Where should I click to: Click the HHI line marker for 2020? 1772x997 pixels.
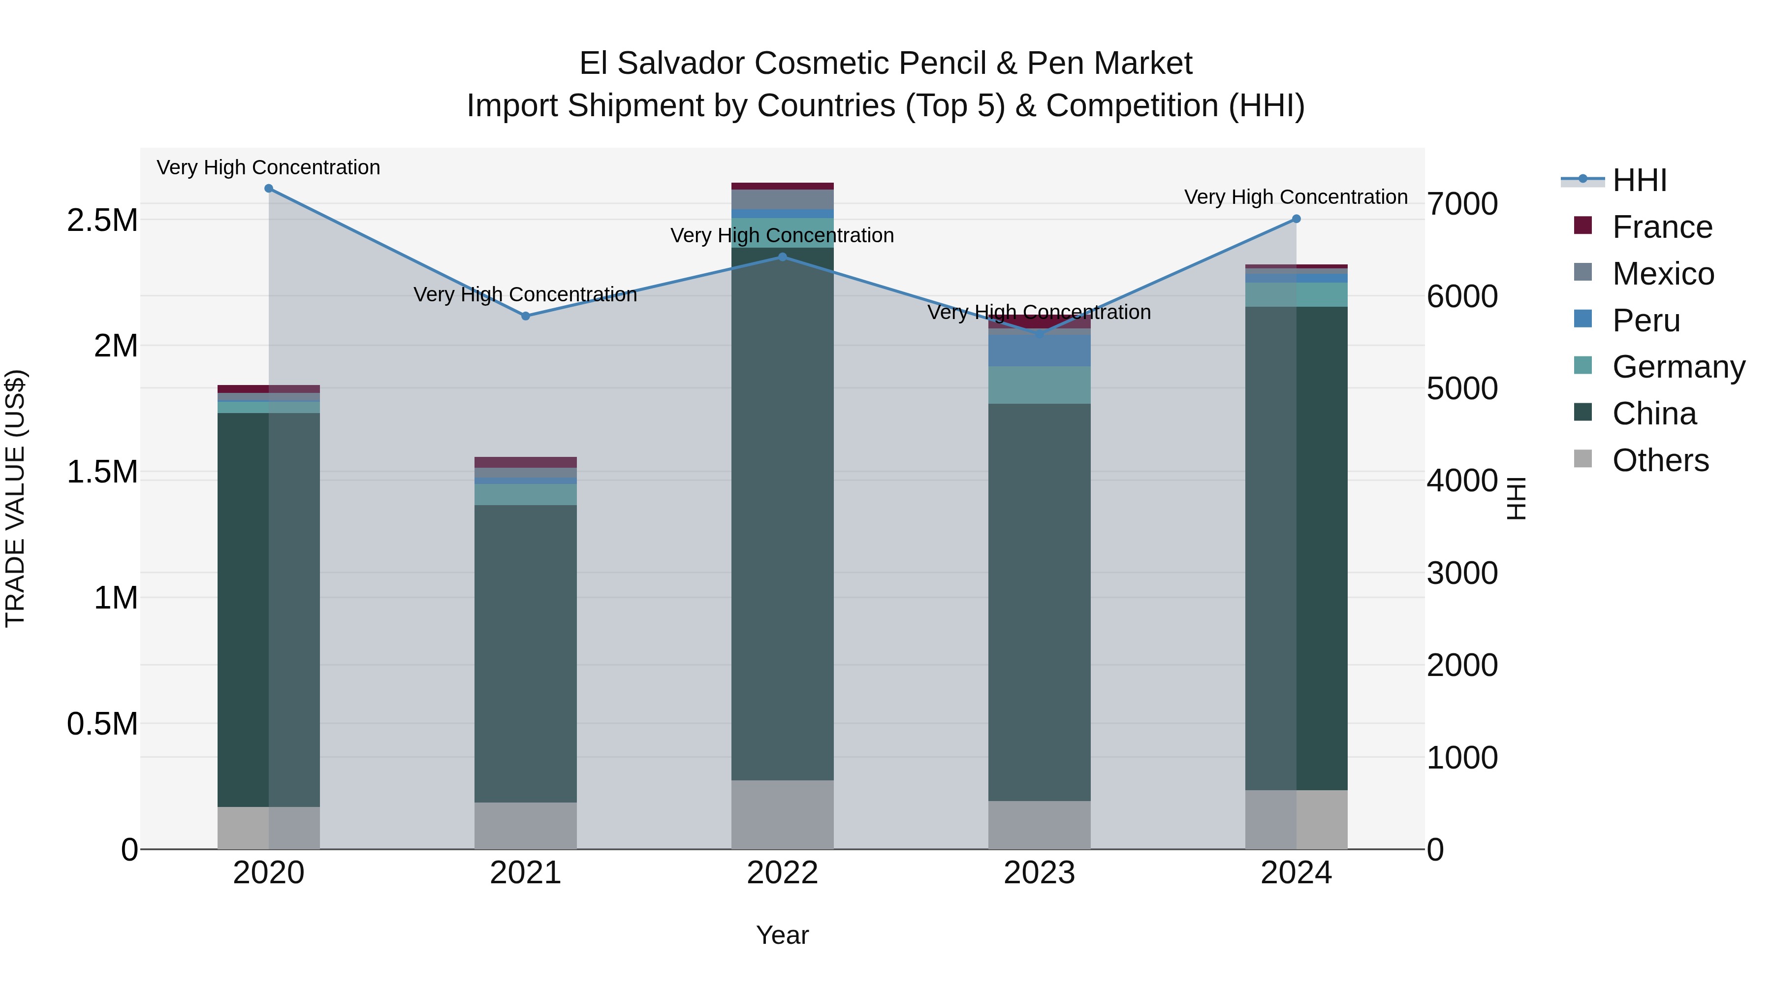point(268,189)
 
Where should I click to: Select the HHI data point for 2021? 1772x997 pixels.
point(526,316)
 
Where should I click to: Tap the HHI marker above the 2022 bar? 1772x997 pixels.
point(782,257)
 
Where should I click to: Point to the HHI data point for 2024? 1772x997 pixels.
point(1296,219)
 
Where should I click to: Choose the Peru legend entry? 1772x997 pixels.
point(1645,321)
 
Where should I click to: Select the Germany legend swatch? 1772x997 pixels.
point(1583,366)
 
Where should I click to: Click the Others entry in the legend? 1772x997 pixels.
point(1659,460)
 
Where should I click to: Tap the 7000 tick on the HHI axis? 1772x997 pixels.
point(1462,204)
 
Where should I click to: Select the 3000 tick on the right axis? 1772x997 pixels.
point(1462,573)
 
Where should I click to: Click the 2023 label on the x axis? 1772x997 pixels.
point(1039,873)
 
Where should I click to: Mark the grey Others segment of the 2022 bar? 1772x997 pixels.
point(782,815)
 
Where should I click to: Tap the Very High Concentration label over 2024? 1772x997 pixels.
point(1296,197)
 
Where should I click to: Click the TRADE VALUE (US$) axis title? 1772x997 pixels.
point(15,498)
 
